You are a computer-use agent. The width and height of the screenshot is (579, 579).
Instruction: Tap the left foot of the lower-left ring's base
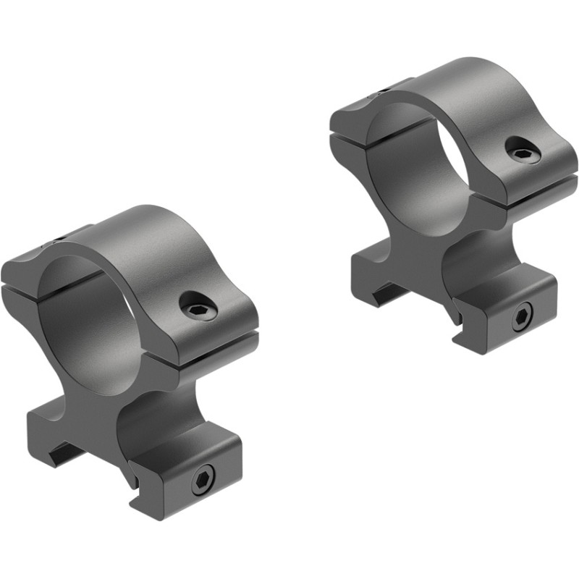(58, 427)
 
